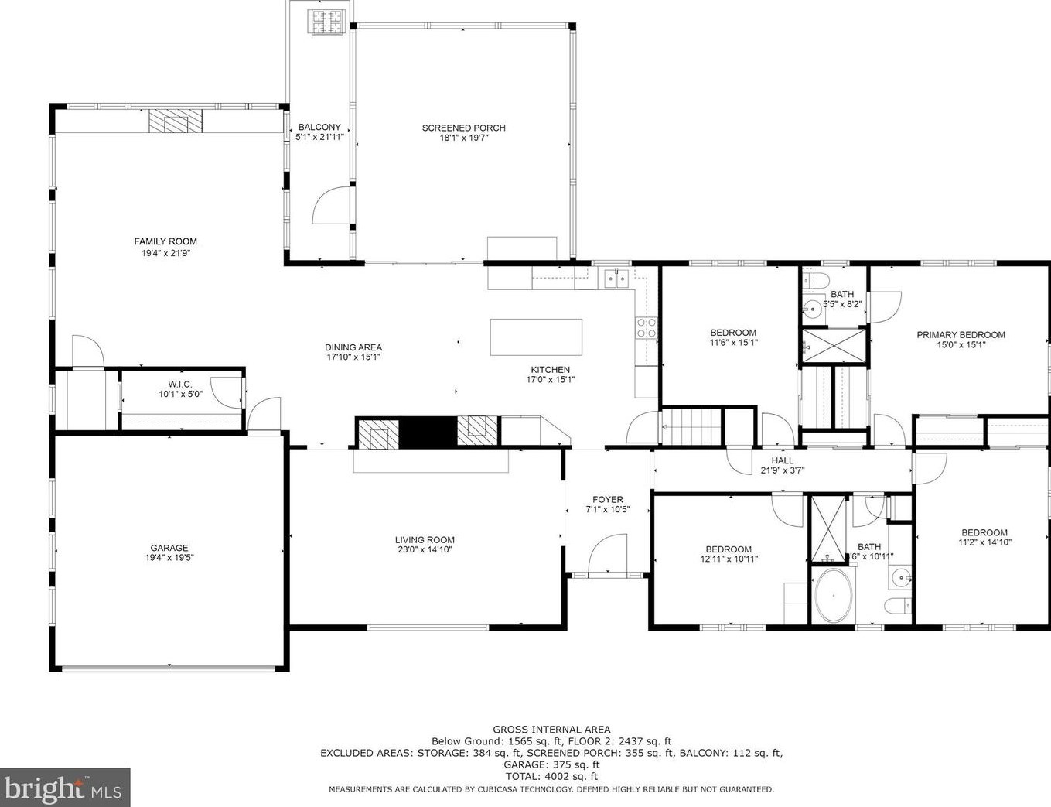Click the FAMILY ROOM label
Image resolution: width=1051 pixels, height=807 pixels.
165,241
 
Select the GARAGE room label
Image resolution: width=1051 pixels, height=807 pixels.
169,548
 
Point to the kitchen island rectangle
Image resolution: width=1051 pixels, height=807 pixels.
536,337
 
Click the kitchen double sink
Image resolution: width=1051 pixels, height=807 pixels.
616,278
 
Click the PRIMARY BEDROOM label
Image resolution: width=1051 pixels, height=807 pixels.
961,335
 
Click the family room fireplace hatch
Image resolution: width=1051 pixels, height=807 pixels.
176,121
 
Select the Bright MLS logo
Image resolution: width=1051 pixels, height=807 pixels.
65,788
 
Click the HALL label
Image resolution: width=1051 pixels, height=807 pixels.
782,460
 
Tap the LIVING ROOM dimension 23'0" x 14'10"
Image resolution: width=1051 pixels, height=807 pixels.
425,550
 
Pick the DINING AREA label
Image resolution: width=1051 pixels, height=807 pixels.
353,347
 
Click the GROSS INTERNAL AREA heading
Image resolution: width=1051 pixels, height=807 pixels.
551,729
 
